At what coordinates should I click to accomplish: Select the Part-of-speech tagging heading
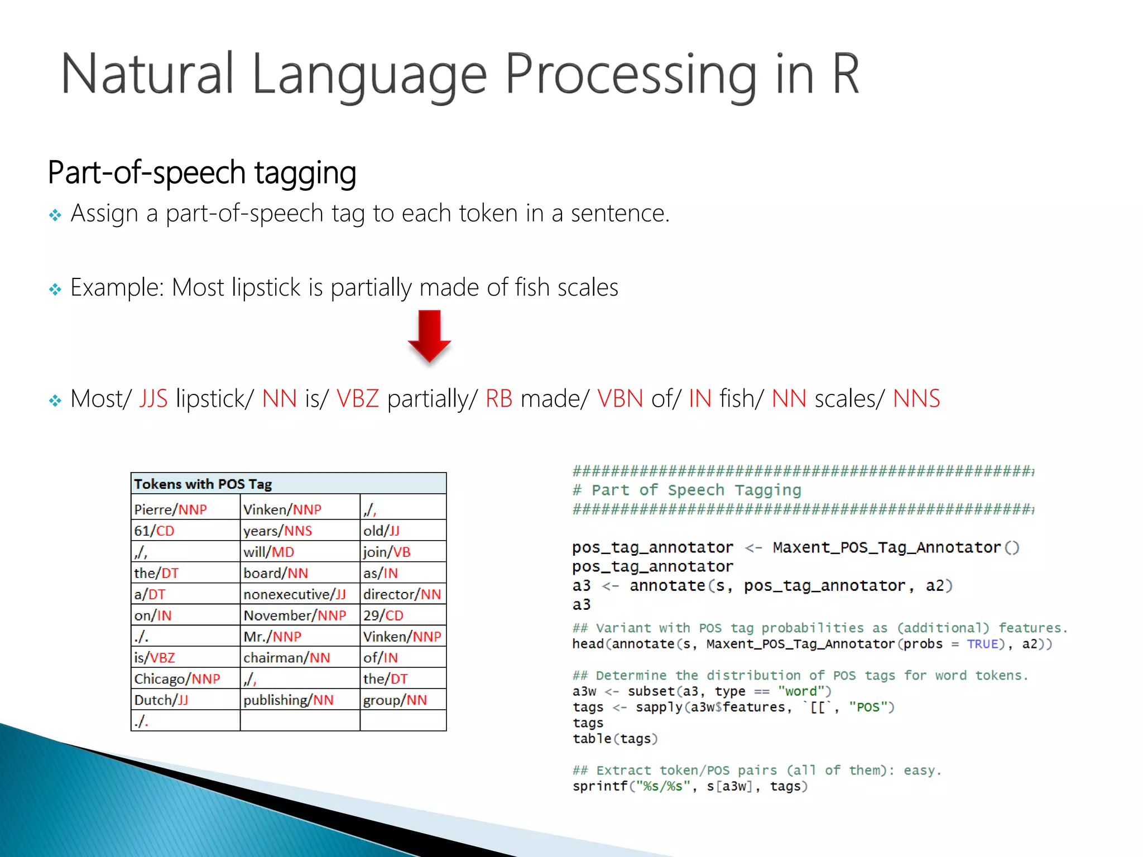202,172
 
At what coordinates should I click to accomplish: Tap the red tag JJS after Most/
153,399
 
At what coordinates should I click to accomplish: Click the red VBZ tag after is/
358,399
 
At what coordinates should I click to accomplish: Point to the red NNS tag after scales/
916,399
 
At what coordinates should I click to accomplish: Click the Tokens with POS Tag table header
203,484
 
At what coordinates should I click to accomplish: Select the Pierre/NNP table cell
171,509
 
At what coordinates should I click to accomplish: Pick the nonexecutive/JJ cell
295,594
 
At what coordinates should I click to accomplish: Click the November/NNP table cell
295,615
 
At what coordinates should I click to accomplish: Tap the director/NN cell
402,594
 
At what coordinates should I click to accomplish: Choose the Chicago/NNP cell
177,679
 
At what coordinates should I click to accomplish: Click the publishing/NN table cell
289,700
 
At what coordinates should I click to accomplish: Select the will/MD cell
269,552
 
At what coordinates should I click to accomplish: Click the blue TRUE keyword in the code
982,644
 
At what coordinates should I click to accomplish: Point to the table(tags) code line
615,739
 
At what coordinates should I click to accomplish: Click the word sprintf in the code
599,786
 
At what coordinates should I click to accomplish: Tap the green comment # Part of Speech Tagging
687,490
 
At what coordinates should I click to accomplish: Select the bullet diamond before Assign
55,215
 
